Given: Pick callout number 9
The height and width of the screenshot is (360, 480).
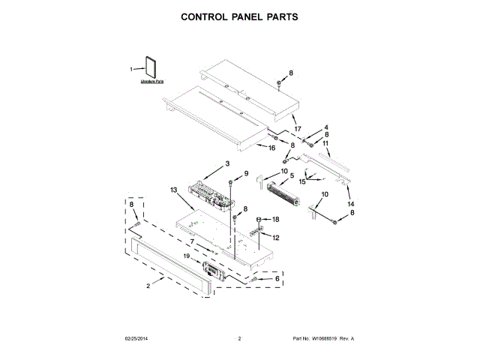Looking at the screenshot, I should pyautogui.click(x=244, y=175).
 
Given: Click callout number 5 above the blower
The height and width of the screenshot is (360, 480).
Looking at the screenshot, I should pyautogui.click(x=291, y=176).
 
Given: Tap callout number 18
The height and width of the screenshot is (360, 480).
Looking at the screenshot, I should pyautogui.click(x=274, y=219).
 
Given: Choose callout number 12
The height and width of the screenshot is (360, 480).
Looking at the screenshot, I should pyautogui.click(x=276, y=237).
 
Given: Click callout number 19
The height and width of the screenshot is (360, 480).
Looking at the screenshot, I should pyautogui.click(x=187, y=256).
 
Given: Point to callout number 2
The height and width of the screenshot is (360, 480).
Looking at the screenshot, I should pyautogui.click(x=150, y=285).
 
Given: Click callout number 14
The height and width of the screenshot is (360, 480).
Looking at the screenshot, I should pyautogui.click(x=350, y=203).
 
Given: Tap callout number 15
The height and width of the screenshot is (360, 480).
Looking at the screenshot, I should pyautogui.click(x=303, y=181).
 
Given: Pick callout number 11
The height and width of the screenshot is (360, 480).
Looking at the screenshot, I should pyautogui.click(x=325, y=142).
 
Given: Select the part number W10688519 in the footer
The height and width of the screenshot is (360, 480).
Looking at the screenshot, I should pyautogui.click(x=322, y=339).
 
